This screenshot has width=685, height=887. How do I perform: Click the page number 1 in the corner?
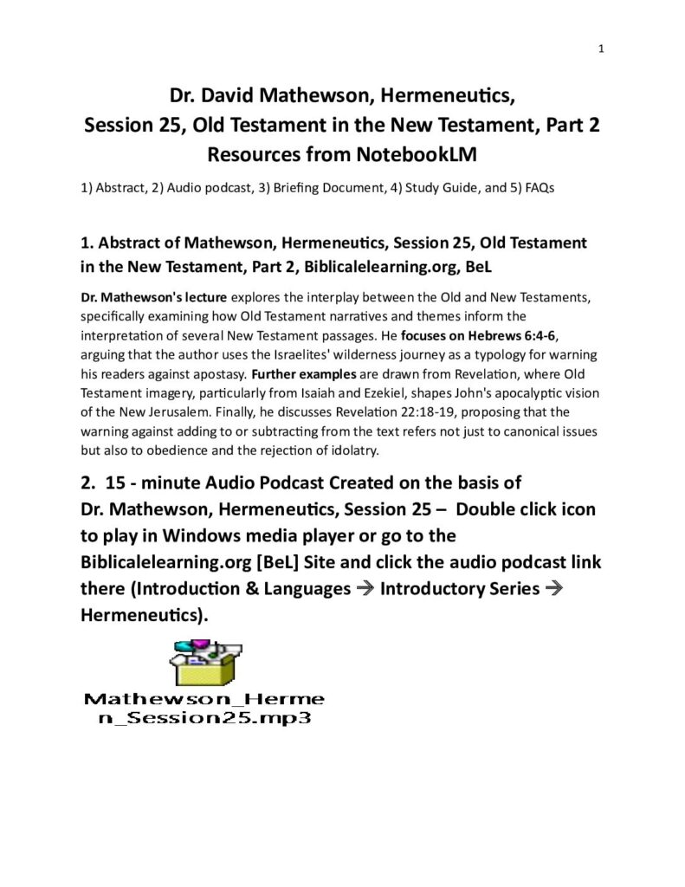coord(600,49)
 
